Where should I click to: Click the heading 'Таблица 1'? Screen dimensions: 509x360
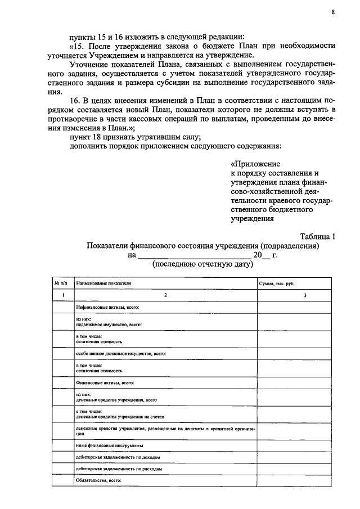click(317, 236)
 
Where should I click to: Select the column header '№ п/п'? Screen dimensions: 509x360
click(60, 284)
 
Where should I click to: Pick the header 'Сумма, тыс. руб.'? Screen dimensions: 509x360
click(277, 284)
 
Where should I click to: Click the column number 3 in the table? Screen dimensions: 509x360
click(304, 296)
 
